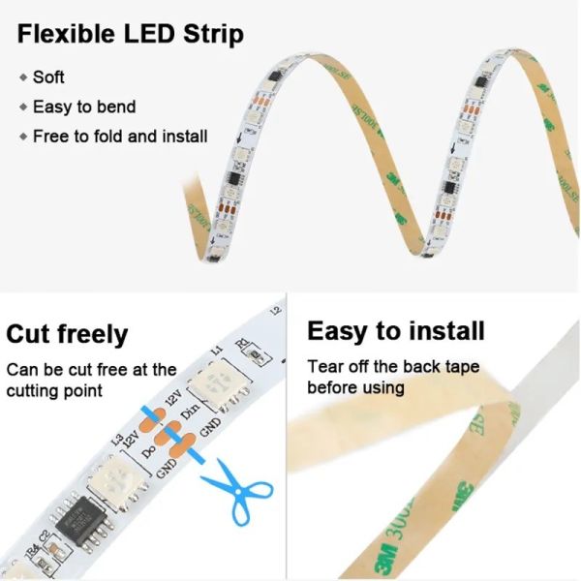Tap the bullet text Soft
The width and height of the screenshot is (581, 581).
point(48,76)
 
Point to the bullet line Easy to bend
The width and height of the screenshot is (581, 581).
point(84,107)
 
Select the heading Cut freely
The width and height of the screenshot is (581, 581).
point(67,335)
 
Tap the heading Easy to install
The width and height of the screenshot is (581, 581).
point(395,331)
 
